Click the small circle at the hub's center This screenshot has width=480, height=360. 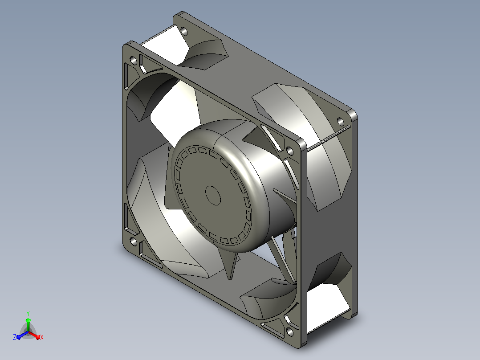click(x=213, y=195)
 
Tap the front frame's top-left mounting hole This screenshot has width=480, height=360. click(x=134, y=61)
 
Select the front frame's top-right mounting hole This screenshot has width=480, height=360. click(x=289, y=151)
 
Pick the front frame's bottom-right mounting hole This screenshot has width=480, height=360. click(x=289, y=331)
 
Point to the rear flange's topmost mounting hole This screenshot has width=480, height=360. click(x=184, y=31)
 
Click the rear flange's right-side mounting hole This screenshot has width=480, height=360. click(x=340, y=122)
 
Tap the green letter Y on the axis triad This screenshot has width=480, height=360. click(x=28, y=314)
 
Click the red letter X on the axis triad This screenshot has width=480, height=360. click(x=42, y=338)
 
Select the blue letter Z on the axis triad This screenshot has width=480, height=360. click(x=15, y=337)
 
